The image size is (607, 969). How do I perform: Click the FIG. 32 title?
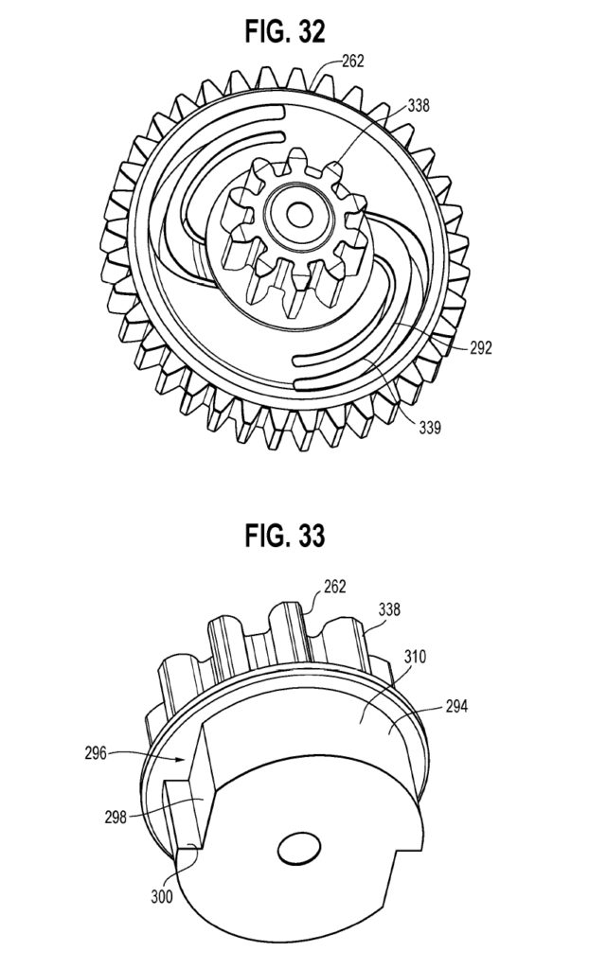(285, 31)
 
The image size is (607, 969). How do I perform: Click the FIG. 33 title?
(285, 537)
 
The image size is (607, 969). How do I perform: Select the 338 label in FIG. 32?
(419, 106)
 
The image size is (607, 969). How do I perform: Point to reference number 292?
(481, 348)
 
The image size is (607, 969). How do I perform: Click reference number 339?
(428, 426)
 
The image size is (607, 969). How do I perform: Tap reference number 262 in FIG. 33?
(333, 587)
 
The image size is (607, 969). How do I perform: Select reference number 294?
(457, 707)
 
